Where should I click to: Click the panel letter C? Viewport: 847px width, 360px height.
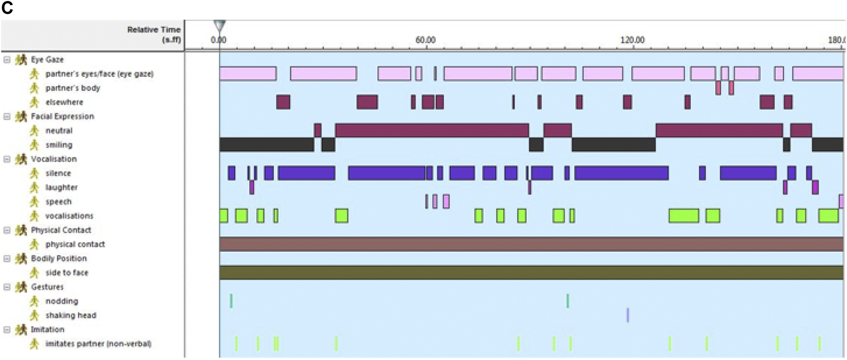point(7,8)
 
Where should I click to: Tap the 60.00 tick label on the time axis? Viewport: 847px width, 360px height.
point(425,40)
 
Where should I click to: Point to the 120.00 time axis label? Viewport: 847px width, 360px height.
point(632,40)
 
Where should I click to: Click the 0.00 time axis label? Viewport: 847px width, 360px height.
point(218,40)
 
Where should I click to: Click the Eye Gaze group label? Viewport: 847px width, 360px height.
point(47,60)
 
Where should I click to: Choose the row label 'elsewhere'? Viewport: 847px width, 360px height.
point(64,102)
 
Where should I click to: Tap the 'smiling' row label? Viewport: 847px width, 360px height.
point(59,145)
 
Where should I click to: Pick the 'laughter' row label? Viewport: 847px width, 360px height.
point(61,187)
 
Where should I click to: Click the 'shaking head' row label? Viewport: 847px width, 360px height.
point(71,316)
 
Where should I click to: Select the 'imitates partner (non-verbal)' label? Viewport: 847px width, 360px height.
point(98,344)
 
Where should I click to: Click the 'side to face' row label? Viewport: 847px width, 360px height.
point(66,273)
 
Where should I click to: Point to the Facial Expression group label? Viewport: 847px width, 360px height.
point(62,117)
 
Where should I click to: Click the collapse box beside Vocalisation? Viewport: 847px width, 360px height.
point(7,159)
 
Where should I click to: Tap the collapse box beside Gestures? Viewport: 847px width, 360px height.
point(7,287)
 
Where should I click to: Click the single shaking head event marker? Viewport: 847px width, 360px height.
point(628,315)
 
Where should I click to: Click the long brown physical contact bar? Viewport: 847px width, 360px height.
point(531,244)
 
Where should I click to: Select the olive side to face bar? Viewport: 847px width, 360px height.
point(531,273)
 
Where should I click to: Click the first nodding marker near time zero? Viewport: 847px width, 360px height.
point(231,301)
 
